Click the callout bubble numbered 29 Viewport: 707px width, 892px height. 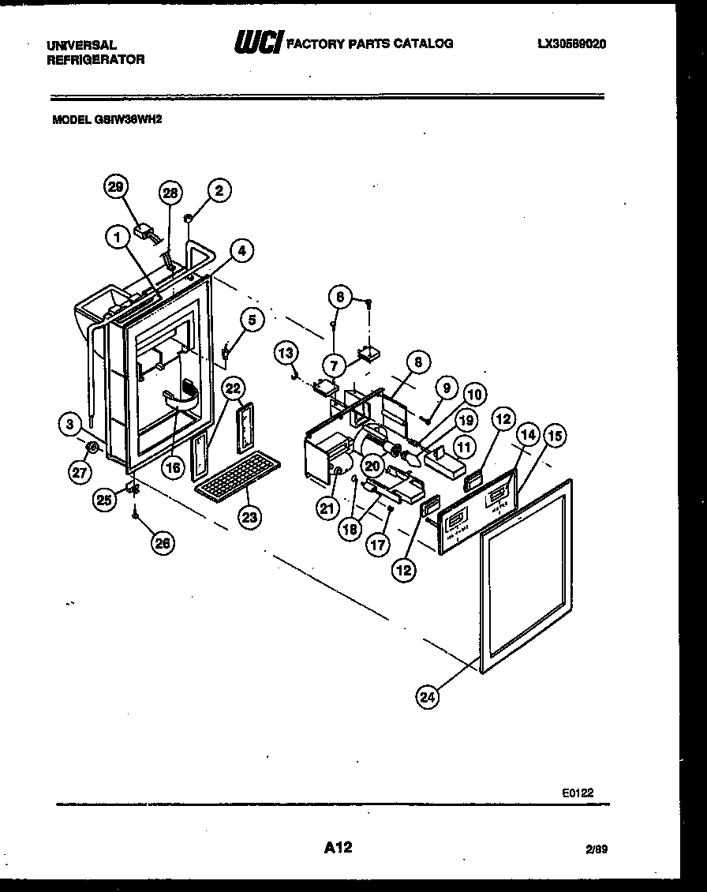pos(116,187)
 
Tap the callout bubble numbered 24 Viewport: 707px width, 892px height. pos(428,697)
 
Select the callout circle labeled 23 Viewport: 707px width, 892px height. pos(250,517)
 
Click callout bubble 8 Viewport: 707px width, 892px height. pos(418,362)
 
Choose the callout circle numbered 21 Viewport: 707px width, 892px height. pos(327,509)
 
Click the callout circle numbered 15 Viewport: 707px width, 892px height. pos(555,435)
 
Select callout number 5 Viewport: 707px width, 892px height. pos(251,320)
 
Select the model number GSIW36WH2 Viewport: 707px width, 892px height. pos(107,122)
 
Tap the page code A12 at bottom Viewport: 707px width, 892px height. pos(338,848)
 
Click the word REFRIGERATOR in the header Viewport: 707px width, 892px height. pos(95,59)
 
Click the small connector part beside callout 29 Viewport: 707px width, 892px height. pos(144,232)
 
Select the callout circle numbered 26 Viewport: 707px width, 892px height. pos(164,542)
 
